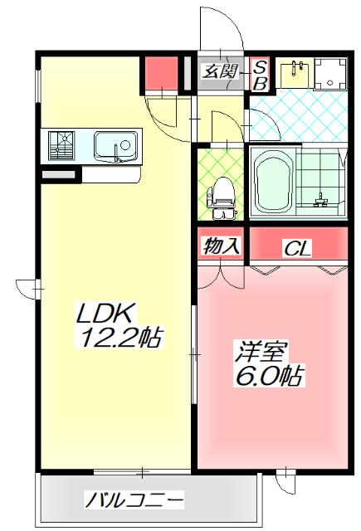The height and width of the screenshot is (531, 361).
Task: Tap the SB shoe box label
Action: (x=259, y=74)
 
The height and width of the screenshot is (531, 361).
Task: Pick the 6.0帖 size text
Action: (x=267, y=376)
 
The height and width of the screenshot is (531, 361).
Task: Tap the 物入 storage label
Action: (x=221, y=246)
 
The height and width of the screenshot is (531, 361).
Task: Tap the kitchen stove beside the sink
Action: (x=61, y=149)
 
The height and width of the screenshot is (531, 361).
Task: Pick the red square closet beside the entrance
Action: (x=160, y=73)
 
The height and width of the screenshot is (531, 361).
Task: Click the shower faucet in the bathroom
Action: (x=320, y=199)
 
